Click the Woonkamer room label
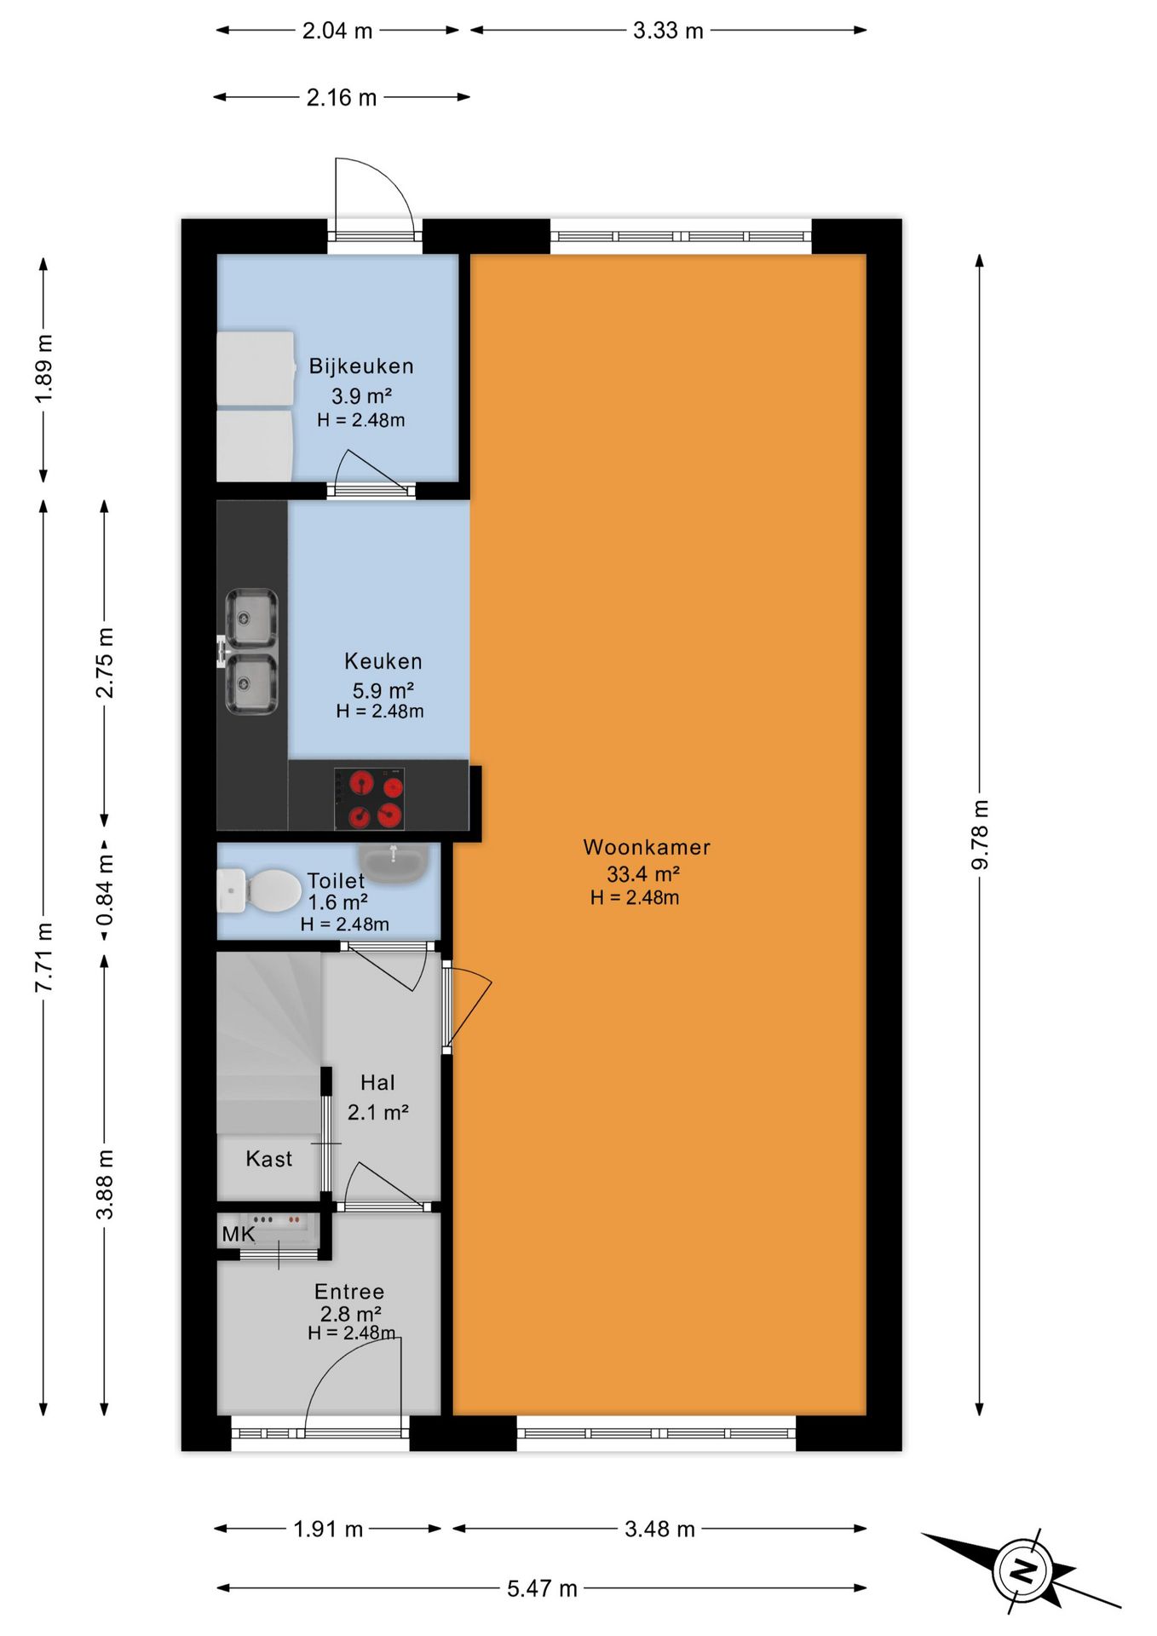tap(647, 847)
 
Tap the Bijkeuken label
tap(361, 366)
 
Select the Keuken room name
tap(383, 661)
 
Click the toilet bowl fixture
tap(260, 890)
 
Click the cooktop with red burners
tap(369, 799)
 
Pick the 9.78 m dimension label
tap(980, 835)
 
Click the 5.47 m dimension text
tap(542, 1588)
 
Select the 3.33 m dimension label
tap(668, 31)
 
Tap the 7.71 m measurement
tap(44, 957)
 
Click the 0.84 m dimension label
tap(105, 890)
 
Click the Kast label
tap(269, 1159)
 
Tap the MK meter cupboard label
tap(239, 1235)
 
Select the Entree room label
tap(349, 1292)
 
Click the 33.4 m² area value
tap(643, 873)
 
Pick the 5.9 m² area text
tap(383, 690)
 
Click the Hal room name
tap(377, 1083)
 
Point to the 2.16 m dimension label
tap(342, 98)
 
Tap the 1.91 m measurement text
tap(328, 1529)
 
